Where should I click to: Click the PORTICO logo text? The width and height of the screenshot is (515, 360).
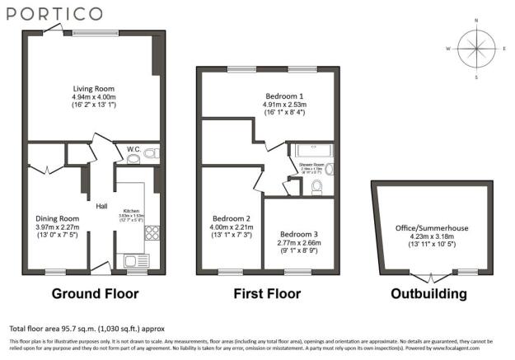tap(51, 14)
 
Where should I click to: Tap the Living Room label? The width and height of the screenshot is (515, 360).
tap(92, 88)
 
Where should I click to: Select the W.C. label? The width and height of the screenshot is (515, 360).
tap(133, 149)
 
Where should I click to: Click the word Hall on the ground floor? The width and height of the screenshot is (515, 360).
tap(102, 206)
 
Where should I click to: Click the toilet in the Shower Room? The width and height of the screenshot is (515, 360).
tap(316, 186)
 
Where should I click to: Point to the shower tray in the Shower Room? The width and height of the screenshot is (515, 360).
tap(311, 150)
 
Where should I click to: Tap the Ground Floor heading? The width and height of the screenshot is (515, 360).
tap(95, 293)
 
